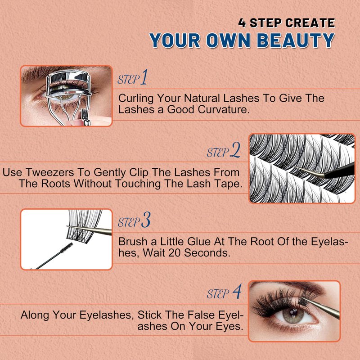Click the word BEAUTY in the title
click(x=296, y=40)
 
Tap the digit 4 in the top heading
click(x=242, y=23)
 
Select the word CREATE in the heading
click(x=310, y=23)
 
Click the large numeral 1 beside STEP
click(x=144, y=77)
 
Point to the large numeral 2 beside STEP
click(x=235, y=150)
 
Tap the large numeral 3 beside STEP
click(x=145, y=220)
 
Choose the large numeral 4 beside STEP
click(x=237, y=291)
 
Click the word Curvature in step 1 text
click(x=224, y=109)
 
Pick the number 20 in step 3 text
click(x=175, y=253)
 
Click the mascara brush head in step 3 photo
click(x=67, y=248)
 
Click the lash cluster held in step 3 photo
click(x=84, y=226)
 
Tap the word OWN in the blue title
click(x=228, y=40)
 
